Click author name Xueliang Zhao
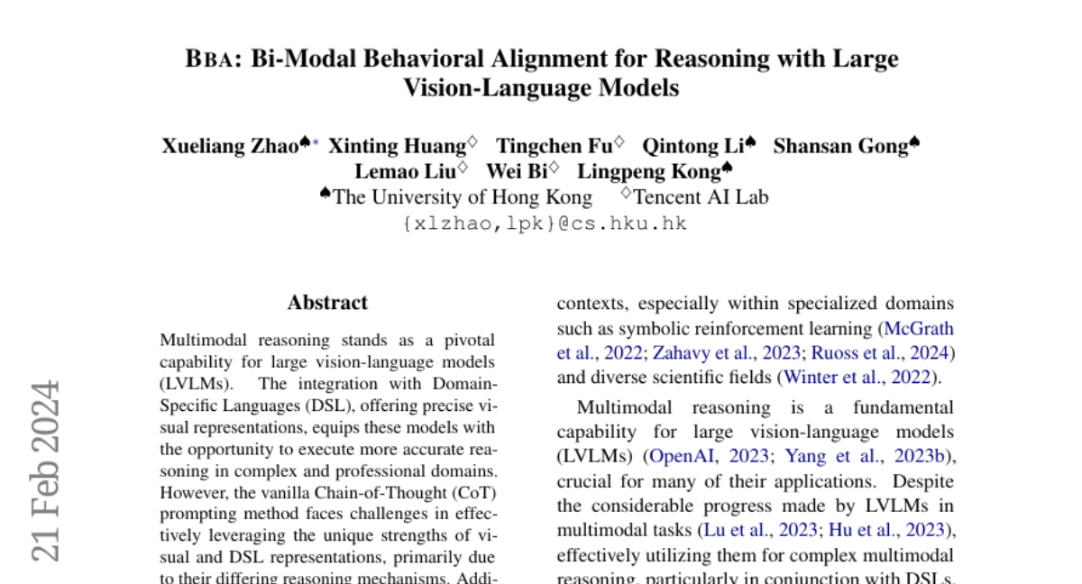[x=229, y=146]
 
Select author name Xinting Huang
[x=396, y=146]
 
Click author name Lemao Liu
[x=405, y=171]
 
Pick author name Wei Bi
[x=517, y=171]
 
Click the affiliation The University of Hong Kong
[x=462, y=197]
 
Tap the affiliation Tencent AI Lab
[x=701, y=197]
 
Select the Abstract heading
[x=327, y=303]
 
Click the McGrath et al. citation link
[x=919, y=329]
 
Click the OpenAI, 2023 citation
[x=709, y=457]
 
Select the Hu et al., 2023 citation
[x=889, y=530]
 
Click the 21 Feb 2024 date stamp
[x=47, y=469]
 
